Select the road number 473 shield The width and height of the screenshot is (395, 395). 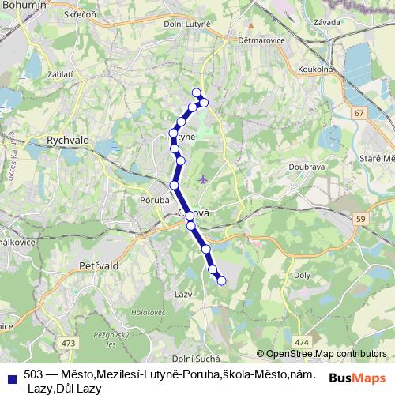tap(70, 343)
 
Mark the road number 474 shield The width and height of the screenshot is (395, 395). tap(300, 341)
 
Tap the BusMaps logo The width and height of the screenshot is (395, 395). tap(355, 378)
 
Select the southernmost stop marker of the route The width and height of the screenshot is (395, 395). tap(221, 280)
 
